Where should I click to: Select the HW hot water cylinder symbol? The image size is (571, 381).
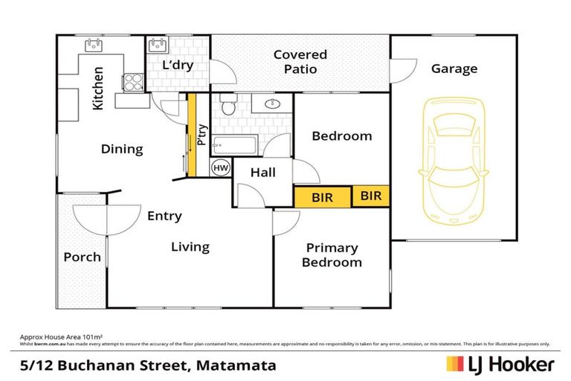[221, 168]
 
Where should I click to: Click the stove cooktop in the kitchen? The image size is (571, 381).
[132, 81]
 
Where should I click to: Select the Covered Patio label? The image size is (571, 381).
[300, 62]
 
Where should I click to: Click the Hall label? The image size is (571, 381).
[263, 173]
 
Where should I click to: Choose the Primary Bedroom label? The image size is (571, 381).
[332, 255]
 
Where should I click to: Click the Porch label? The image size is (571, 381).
[82, 257]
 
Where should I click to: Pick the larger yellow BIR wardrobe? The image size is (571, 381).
[322, 197]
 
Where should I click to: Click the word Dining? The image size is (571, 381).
[122, 150]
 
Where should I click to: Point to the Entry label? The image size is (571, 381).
[164, 217]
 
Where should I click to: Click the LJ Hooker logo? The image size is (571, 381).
[500, 364]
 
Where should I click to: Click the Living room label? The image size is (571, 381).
[190, 247]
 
